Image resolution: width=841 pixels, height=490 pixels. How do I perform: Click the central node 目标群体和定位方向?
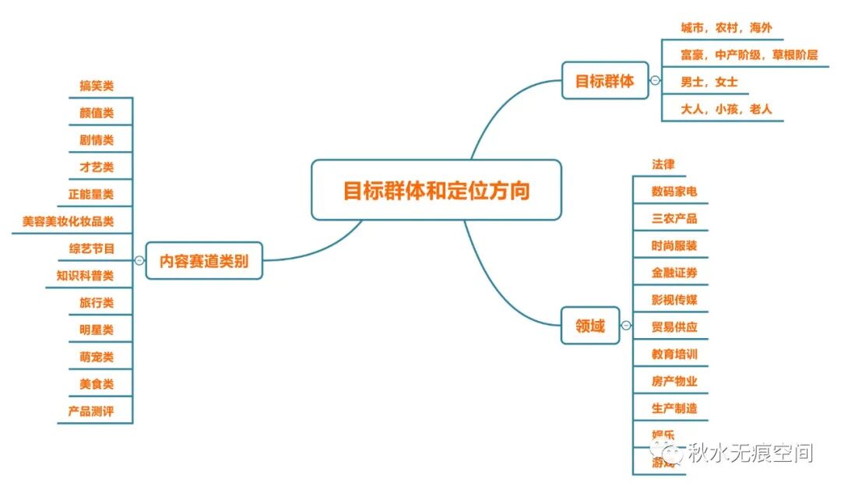[436, 190]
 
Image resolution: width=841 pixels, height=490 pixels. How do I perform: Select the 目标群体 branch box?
[605, 80]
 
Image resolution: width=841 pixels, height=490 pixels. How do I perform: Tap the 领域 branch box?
[590, 326]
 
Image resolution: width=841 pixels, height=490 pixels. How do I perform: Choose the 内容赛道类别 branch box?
[204, 261]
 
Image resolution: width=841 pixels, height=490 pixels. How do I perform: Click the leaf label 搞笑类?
[97, 86]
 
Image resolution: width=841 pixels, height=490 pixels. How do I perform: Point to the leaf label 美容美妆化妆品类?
[69, 221]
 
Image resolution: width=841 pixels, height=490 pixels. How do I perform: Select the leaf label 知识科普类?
[85, 275]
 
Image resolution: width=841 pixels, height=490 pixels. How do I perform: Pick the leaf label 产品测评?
[90, 411]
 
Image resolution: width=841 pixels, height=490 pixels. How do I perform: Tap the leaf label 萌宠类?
[97, 357]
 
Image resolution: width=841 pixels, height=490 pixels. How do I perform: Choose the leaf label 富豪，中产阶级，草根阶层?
[749, 55]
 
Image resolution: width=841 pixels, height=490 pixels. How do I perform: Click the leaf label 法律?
[663, 164]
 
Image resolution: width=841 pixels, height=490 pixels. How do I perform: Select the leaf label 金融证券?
[674, 273]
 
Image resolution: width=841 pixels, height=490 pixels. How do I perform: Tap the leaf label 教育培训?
[674, 354]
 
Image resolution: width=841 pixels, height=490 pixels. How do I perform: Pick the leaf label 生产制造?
[674, 407]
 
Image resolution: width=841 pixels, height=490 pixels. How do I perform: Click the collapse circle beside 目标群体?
[655, 80]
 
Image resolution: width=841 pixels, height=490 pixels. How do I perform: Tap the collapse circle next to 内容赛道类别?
[139, 261]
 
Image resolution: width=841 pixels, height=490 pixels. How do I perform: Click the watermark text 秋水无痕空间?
[750, 453]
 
